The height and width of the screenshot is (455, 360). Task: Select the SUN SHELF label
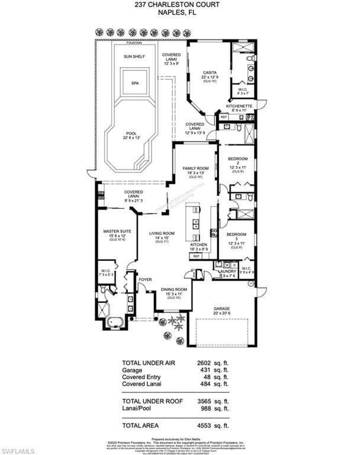[134, 56]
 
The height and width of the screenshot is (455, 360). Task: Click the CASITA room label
[210, 72]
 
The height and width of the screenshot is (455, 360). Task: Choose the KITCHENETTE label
[239, 106]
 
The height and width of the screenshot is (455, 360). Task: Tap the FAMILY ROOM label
[195, 168]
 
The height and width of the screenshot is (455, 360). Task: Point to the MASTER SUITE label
[115, 232]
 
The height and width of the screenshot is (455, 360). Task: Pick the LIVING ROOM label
[162, 233]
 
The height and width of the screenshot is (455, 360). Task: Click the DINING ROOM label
[174, 290]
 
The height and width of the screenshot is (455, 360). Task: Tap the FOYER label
[145, 279]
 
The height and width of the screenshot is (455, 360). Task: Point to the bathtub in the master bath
[115, 323]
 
